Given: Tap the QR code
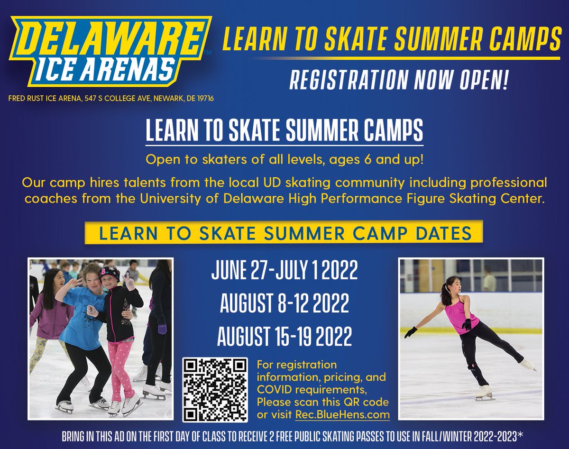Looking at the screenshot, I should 215,389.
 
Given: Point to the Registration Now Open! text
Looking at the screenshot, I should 398,80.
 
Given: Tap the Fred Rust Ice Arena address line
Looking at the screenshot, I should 112,99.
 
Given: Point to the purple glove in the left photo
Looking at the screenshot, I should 162,328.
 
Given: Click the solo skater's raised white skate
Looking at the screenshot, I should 526,364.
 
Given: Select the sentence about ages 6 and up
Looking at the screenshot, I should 284,160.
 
